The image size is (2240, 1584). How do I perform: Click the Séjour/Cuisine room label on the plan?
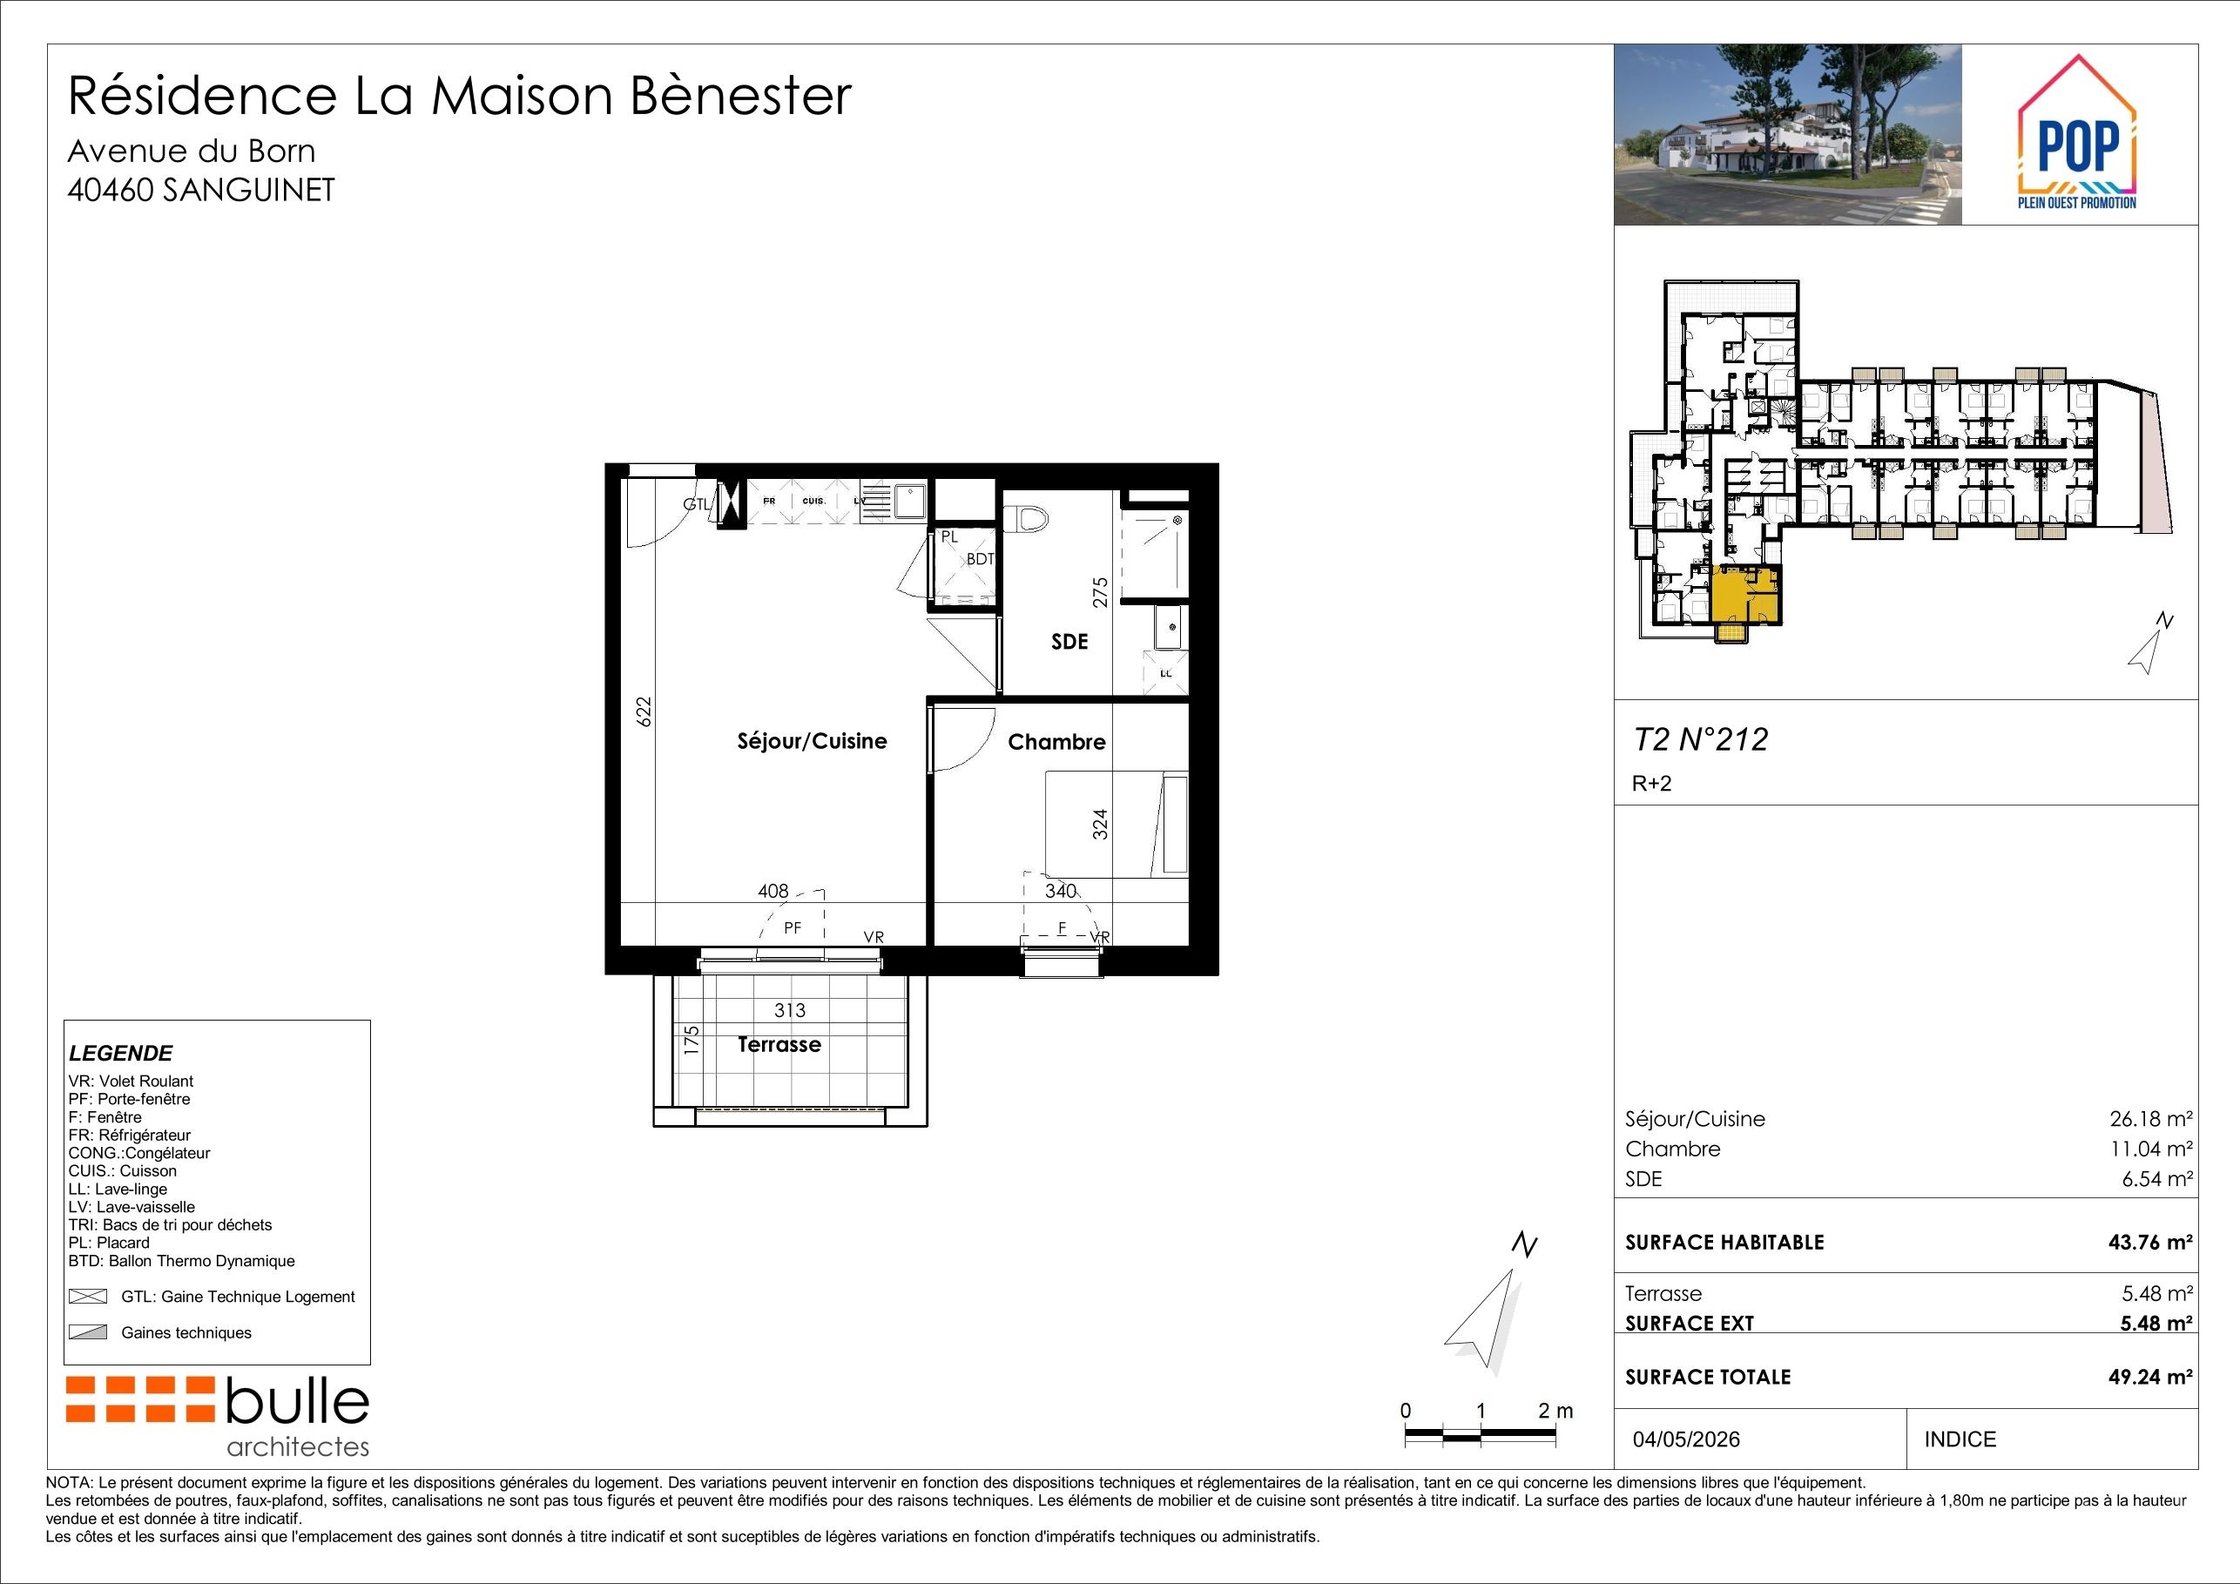(x=812, y=741)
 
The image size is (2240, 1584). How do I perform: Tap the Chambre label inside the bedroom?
(x=1056, y=742)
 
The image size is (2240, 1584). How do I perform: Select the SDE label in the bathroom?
(x=1069, y=642)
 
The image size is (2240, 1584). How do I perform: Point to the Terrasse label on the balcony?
(x=779, y=1045)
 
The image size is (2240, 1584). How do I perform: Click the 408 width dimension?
(x=773, y=891)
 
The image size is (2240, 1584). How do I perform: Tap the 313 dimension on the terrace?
(x=789, y=1010)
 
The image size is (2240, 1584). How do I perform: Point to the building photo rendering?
(x=1787, y=135)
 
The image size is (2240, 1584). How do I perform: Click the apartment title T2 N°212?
(x=1701, y=739)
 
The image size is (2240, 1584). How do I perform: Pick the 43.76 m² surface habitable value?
(x=2151, y=1242)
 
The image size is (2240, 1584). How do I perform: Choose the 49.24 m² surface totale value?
(x=2151, y=1376)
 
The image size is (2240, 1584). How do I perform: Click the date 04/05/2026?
(x=1687, y=1439)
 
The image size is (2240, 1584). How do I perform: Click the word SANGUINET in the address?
(x=249, y=189)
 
